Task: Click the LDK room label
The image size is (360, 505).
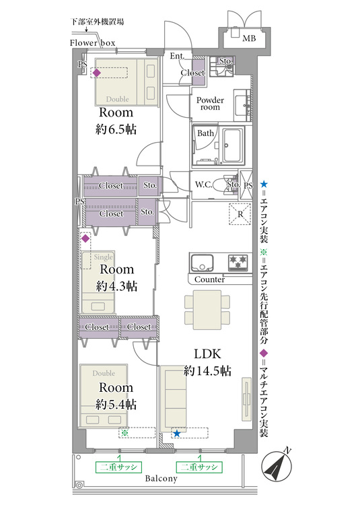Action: [x=207, y=354]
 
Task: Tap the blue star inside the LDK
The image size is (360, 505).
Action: [x=176, y=433]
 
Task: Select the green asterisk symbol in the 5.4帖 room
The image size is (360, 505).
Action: [x=125, y=433]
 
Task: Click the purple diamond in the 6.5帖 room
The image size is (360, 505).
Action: [x=96, y=73]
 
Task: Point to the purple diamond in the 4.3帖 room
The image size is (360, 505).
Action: [x=85, y=238]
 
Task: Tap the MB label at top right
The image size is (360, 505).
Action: [x=249, y=38]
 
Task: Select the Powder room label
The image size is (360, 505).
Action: [x=210, y=104]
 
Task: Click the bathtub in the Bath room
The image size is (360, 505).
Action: [x=233, y=145]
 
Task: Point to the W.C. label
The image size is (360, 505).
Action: [x=204, y=184]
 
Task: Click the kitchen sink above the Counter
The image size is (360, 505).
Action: [x=202, y=263]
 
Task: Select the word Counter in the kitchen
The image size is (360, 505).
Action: [x=209, y=279]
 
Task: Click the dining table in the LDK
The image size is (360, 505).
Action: [x=207, y=310]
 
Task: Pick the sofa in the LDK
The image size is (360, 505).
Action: [x=173, y=399]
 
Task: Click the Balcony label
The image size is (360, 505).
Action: [x=161, y=478]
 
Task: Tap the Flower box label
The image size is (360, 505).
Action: [x=92, y=43]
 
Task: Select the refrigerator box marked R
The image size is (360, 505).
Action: [x=240, y=214]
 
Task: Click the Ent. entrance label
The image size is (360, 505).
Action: [x=177, y=56]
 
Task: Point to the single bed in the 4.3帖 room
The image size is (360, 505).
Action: [x=98, y=282]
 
